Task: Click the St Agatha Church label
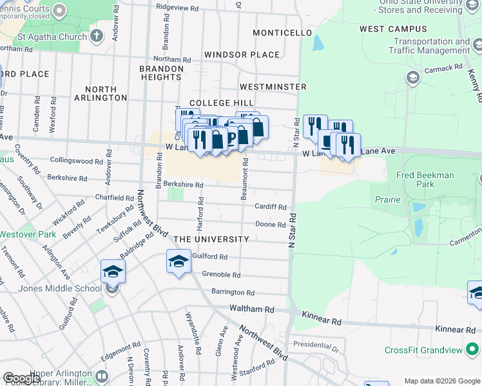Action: (x=52, y=37)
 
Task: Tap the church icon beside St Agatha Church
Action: (x=97, y=35)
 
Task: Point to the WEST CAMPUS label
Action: (x=393, y=29)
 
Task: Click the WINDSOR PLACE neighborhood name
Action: (x=242, y=55)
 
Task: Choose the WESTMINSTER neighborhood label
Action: (x=273, y=86)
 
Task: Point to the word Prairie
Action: (x=388, y=199)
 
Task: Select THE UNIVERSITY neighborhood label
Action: (x=211, y=239)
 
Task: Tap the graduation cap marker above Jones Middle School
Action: (x=113, y=271)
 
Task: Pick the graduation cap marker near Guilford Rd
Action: (x=178, y=261)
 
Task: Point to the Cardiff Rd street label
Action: (x=271, y=207)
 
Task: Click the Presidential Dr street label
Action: (x=316, y=344)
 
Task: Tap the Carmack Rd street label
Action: (x=443, y=67)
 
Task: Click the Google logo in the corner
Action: (x=21, y=378)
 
